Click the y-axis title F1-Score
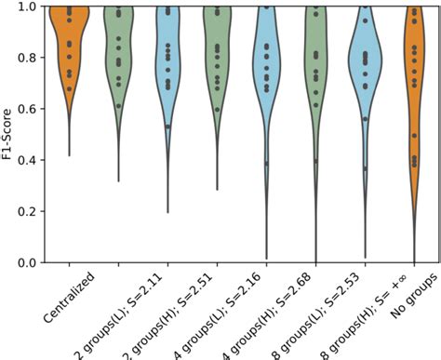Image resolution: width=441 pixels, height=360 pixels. (9, 135)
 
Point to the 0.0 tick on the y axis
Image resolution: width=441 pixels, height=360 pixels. (32, 263)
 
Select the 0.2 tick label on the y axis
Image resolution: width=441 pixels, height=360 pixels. (32, 212)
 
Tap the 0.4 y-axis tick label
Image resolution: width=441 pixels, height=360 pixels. (32, 160)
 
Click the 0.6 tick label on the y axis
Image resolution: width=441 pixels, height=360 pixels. (32, 109)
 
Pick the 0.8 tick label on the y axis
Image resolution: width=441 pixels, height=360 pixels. (32, 58)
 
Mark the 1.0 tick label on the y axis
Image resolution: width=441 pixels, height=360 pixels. (32, 7)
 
